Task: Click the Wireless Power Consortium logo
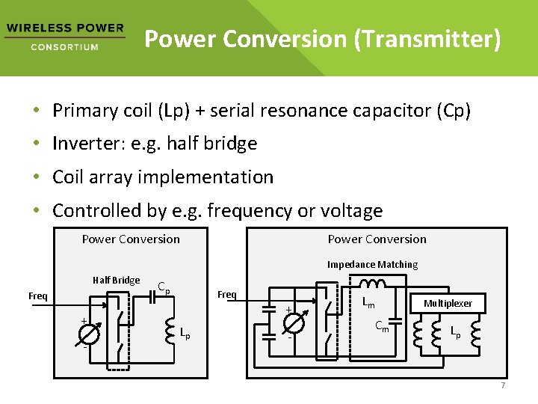click(x=64, y=37)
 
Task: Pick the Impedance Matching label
click(x=372, y=264)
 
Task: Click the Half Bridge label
click(x=116, y=280)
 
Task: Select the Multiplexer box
click(x=448, y=303)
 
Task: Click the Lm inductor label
click(x=368, y=302)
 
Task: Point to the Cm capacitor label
click(x=381, y=325)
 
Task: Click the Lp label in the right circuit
click(x=455, y=331)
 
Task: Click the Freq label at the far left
click(x=38, y=296)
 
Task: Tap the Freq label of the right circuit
click(x=226, y=294)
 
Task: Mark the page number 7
click(x=503, y=385)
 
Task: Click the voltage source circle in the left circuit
click(x=89, y=334)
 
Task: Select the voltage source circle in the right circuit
click(x=294, y=322)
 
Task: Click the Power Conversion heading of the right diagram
click(x=377, y=239)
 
